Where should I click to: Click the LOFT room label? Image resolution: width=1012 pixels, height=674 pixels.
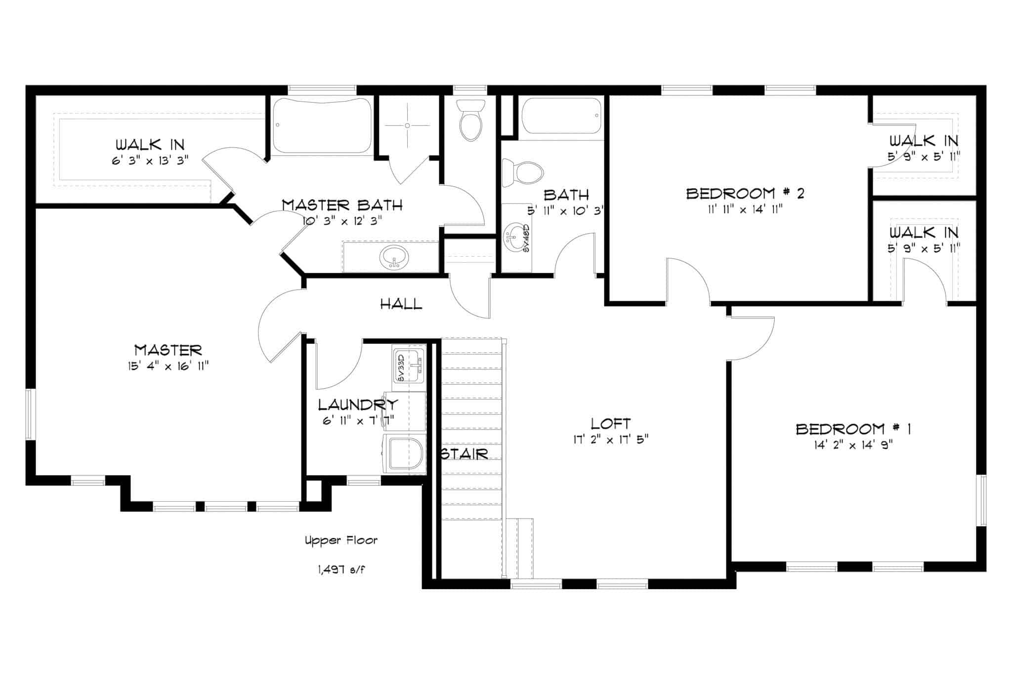pyautogui.click(x=611, y=424)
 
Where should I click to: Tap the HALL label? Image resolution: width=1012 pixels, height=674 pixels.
pyautogui.click(x=401, y=304)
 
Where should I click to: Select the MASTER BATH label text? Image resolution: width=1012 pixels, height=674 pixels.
pyautogui.click(x=342, y=205)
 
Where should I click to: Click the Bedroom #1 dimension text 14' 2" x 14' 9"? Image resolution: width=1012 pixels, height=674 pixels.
pyautogui.click(x=853, y=444)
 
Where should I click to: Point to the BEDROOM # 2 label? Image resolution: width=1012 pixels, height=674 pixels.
pyautogui.click(x=745, y=193)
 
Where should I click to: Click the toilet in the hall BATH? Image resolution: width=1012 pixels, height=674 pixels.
pyautogui.click(x=522, y=173)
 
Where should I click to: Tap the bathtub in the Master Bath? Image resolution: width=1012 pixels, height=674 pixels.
pyautogui.click(x=322, y=125)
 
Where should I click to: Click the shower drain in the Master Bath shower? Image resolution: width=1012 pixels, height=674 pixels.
pyautogui.click(x=407, y=125)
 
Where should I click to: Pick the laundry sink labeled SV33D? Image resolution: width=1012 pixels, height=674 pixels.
pyautogui.click(x=409, y=365)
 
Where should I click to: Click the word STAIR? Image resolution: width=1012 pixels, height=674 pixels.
pyautogui.click(x=465, y=454)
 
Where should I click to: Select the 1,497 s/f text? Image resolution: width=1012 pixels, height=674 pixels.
pyautogui.click(x=342, y=570)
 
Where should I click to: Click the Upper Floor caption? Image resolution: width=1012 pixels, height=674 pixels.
pyautogui.click(x=341, y=541)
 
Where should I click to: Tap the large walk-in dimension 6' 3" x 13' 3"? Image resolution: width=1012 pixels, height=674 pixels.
pyautogui.click(x=150, y=160)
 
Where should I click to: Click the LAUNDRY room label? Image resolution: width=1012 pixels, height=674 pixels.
pyautogui.click(x=358, y=405)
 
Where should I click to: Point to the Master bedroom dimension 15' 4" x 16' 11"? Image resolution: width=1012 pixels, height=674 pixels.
pyautogui.click(x=169, y=366)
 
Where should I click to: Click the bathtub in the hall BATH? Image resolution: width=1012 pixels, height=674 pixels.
pyautogui.click(x=561, y=117)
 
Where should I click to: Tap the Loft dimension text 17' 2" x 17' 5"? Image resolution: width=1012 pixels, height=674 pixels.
pyautogui.click(x=611, y=439)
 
